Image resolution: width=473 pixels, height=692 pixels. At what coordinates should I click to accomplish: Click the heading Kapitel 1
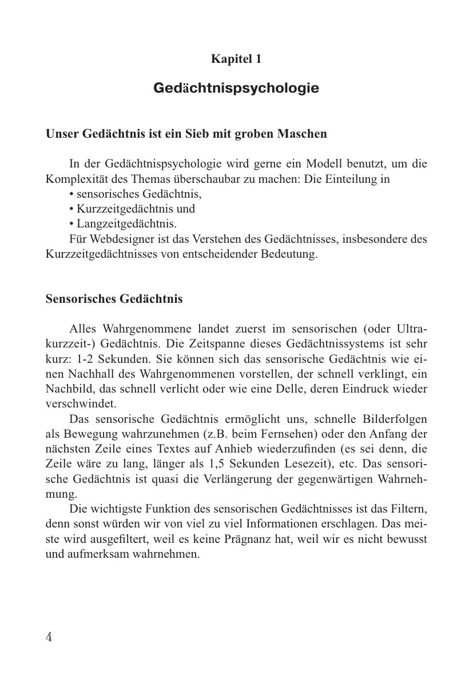pos(236,59)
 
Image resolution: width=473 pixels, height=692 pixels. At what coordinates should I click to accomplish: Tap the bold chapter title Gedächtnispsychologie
pos(236,89)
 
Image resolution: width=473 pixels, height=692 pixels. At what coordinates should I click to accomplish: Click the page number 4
pos(49,637)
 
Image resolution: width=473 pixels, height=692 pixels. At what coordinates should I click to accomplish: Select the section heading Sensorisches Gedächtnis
pos(114,299)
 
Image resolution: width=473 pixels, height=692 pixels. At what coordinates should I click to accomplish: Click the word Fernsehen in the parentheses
pos(289,434)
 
